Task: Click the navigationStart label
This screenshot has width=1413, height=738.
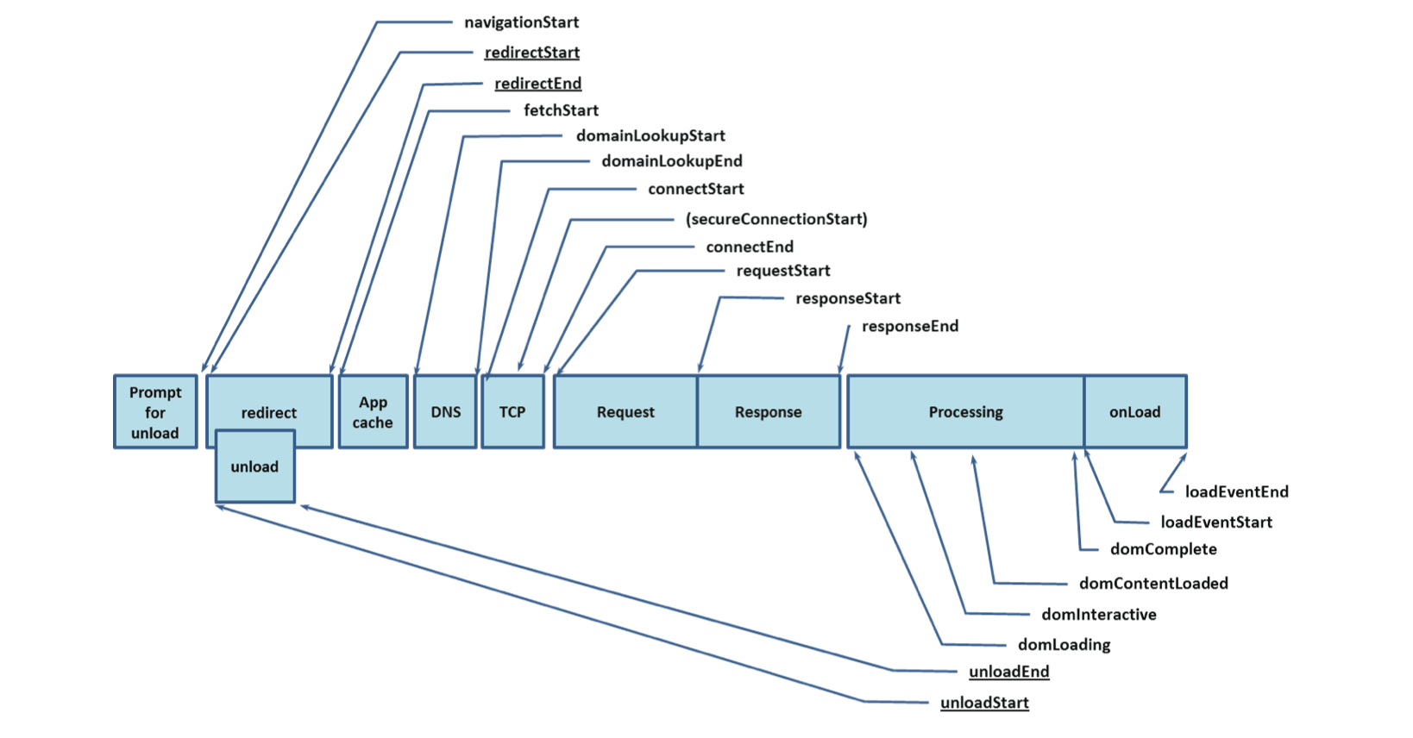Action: [521, 22]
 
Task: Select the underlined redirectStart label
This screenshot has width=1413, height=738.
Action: [531, 53]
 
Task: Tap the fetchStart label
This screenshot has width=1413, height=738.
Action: [561, 110]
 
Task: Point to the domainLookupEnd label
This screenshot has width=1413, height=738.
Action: [671, 161]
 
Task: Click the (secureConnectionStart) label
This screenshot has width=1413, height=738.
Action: [776, 219]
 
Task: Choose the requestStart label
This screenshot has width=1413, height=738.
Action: [782, 271]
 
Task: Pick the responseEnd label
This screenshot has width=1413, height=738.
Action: [909, 326]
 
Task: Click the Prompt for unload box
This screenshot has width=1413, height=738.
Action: [155, 412]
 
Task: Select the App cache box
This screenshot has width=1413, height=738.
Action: [373, 412]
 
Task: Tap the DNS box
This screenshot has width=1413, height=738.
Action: [445, 412]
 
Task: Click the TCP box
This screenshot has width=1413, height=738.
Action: [512, 412]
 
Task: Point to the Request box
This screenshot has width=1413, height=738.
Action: [625, 412]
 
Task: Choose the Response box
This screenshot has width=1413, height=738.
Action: [768, 412]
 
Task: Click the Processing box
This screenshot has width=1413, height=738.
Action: [965, 412]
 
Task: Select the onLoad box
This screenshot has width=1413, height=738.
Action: [1134, 412]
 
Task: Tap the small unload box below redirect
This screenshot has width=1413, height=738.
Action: [254, 466]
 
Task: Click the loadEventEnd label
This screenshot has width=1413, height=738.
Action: [1236, 492]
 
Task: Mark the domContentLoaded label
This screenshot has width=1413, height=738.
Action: [1153, 584]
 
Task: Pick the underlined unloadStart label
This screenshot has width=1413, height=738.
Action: [984, 703]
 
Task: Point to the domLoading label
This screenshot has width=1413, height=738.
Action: [1064, 645]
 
